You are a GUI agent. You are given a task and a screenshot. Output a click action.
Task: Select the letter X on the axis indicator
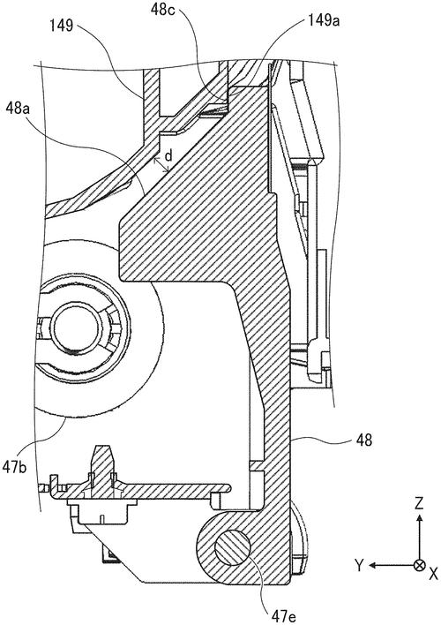tap(432, 573)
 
